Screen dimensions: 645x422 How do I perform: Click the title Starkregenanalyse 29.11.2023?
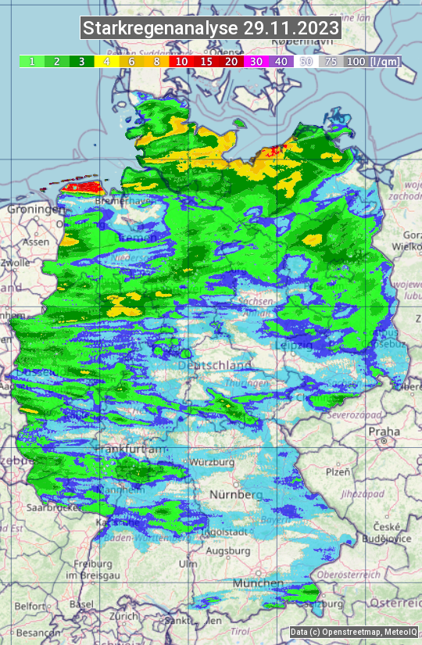211,29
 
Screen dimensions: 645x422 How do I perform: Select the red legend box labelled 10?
181,61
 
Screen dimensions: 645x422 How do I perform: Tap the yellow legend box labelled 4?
106,61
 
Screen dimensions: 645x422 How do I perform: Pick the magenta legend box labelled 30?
256,61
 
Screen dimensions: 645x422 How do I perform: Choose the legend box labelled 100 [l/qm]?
372,61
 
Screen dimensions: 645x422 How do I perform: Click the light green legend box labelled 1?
31,61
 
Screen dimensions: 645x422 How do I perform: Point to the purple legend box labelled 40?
281,61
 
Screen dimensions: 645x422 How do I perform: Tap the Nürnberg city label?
235,495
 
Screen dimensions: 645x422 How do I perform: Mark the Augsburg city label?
227,550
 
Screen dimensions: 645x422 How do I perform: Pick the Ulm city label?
188,564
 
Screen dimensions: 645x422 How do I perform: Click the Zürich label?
124,616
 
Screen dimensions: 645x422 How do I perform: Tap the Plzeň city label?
337,472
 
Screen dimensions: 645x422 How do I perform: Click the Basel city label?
81,604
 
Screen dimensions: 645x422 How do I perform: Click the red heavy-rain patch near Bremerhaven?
82,187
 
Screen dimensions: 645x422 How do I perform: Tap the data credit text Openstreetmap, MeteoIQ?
352,632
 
